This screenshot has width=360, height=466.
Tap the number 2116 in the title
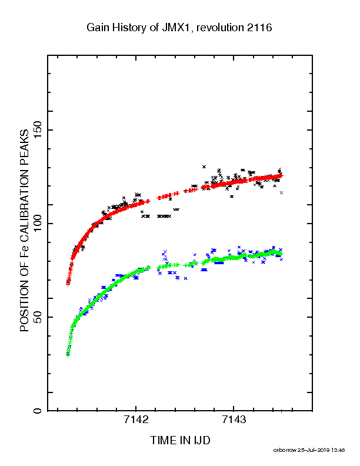(259, 28)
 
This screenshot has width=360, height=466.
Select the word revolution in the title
(220, 28)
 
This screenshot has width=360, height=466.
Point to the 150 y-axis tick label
(38, 130)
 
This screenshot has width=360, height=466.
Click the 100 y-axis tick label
(38, 224)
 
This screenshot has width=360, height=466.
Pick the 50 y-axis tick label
(38, 317)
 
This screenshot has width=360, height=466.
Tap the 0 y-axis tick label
(38, 411)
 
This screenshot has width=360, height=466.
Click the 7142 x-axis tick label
(136, 420)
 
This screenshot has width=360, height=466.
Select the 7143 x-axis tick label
(234, 420)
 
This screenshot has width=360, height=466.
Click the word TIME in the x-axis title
(163, 441)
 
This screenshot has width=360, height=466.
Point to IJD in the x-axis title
(202, 441)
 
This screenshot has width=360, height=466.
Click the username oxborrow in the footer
(285, 450)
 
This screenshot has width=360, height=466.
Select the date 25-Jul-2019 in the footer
(314, 450)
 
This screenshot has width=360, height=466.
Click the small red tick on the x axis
(281, 411)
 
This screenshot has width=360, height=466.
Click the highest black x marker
(204, 167)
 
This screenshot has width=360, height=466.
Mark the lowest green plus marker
(68, 355)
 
